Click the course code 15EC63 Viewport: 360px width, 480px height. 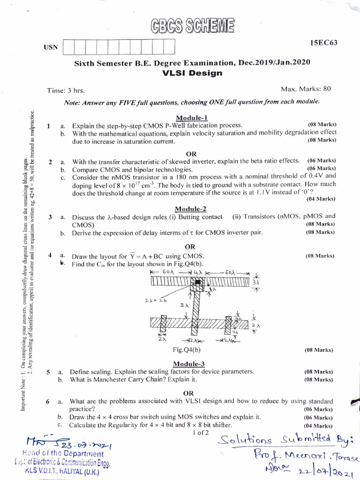pos(323,43)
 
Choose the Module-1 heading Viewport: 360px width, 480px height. pos(192,118)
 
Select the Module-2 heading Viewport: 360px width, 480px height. pos(191,209)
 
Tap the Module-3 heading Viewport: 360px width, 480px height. pos(189,364)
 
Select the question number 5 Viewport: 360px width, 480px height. pos(48,372)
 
